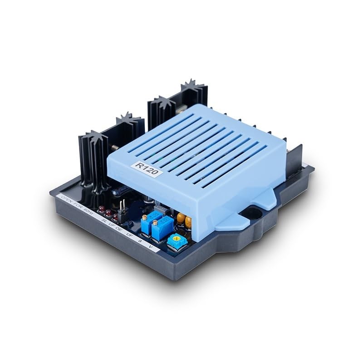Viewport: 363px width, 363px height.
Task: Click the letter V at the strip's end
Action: click(151, 247)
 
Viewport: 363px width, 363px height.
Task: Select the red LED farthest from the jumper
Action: click(101, 209)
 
